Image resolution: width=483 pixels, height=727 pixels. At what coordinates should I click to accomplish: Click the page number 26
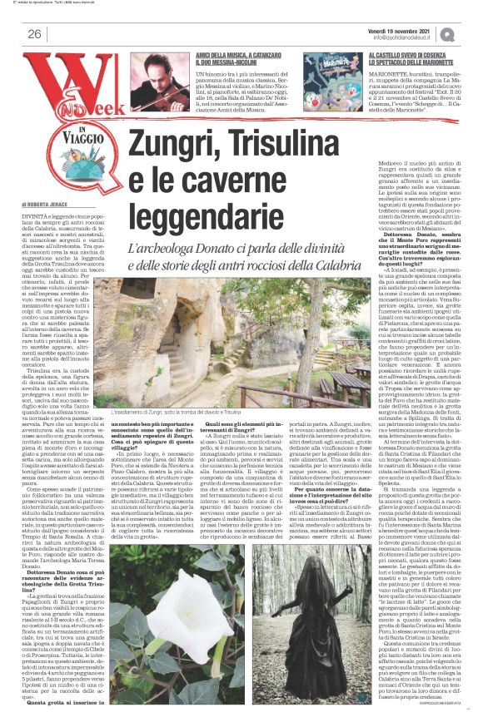tap(36, 34)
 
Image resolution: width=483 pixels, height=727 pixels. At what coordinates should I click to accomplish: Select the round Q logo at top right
tap(450, 33)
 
